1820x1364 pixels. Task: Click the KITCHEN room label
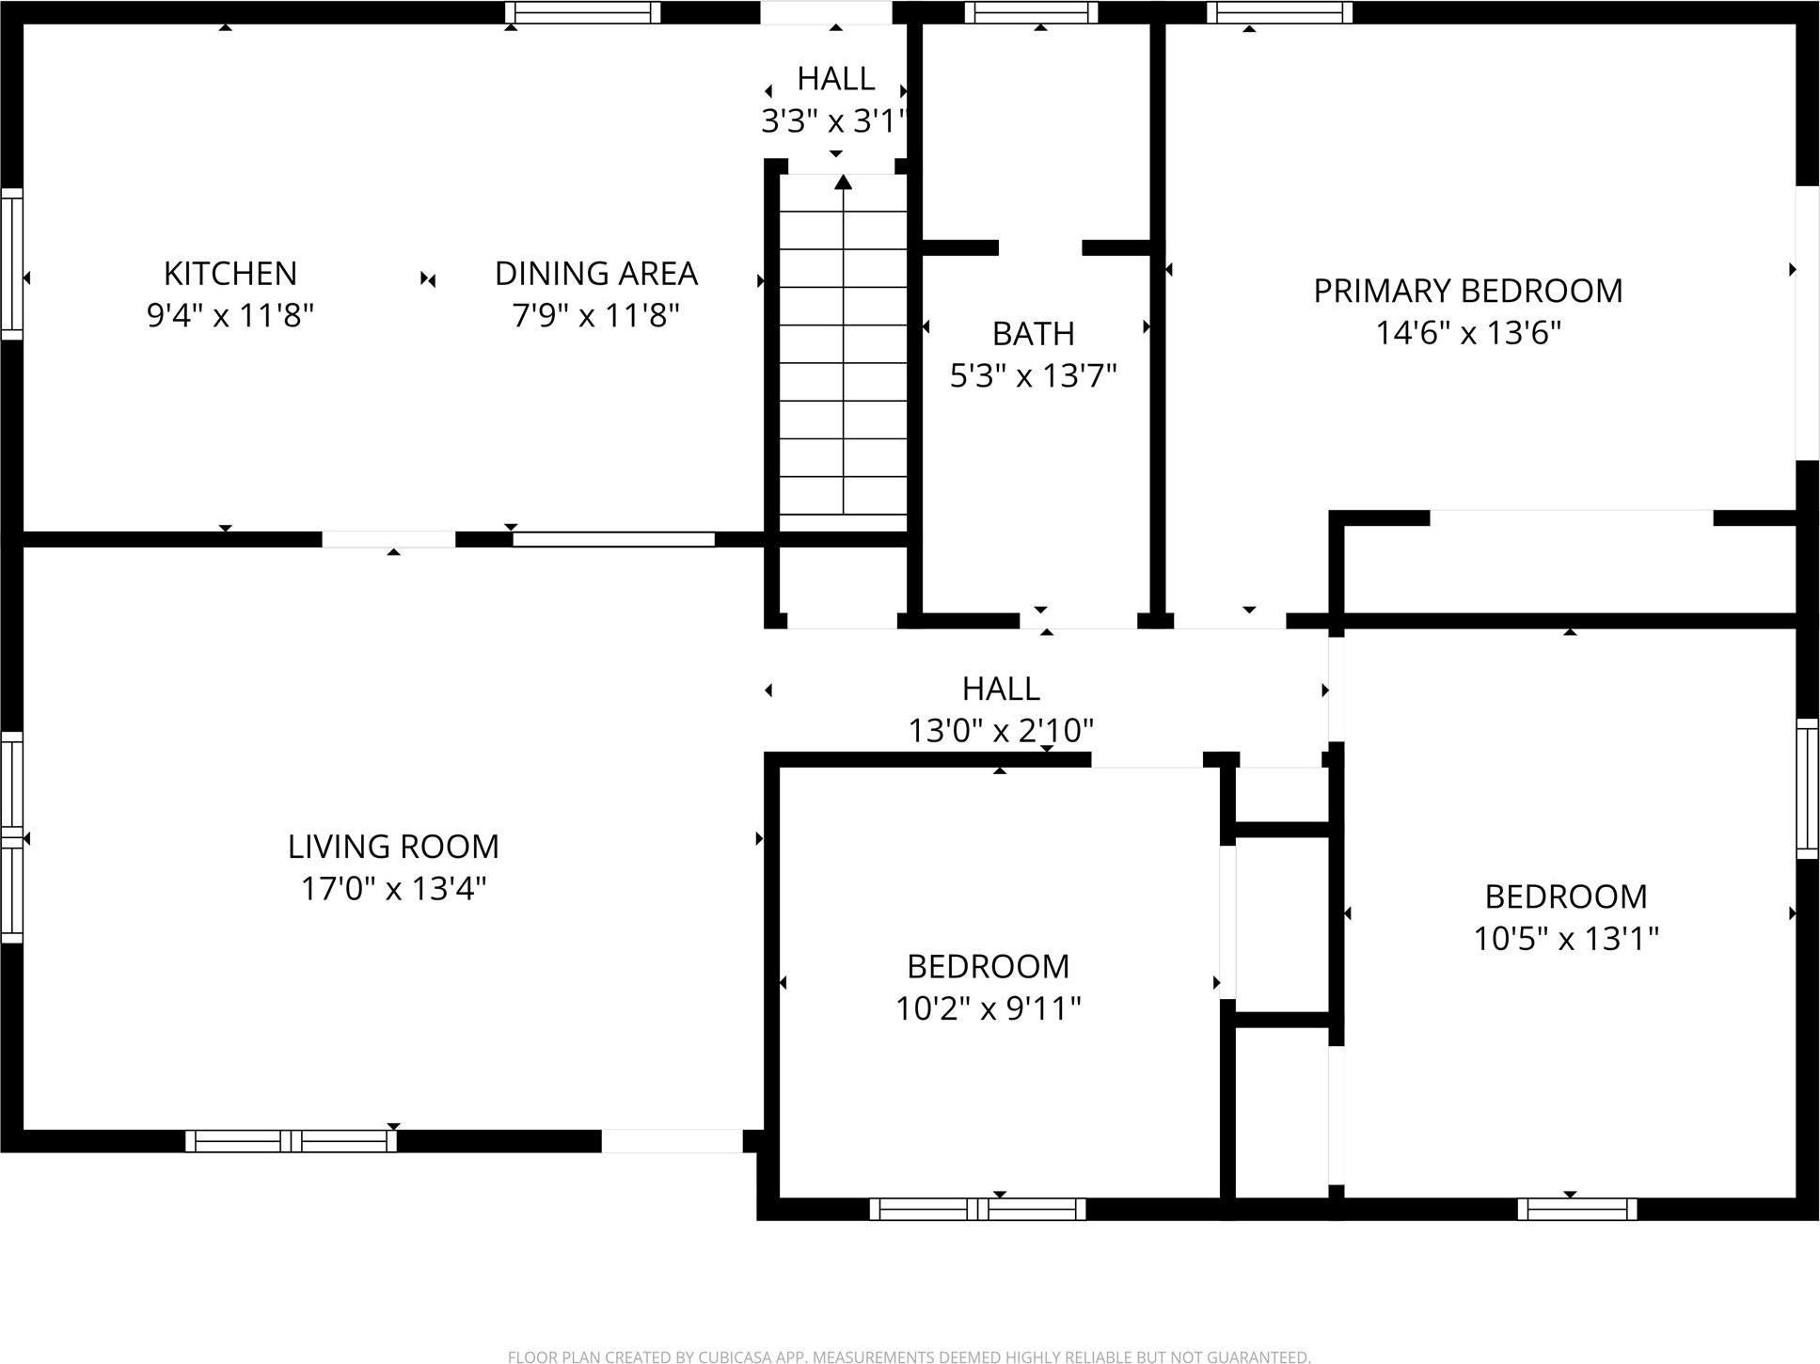pos(230,274)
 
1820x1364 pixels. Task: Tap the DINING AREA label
pos(595,274)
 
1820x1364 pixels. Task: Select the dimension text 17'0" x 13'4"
pos(393,888)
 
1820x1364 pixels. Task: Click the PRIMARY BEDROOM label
pos(1467,291)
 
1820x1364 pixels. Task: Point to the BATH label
pos(1033,334)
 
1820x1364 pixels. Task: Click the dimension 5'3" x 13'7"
pos(1033,376)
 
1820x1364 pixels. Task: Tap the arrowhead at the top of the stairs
pos(843,182)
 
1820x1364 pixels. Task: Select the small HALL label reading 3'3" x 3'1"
pos(835,79)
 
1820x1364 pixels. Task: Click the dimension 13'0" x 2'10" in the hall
pos(1001,730)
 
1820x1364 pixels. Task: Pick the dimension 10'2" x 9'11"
pos(988,1008)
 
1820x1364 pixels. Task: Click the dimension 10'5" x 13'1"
pos(1565,938)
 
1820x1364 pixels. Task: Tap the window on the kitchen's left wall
pos(11,263)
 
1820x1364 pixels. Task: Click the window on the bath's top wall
pos(1031,12)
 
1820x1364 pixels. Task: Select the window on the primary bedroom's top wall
pos(1279,12)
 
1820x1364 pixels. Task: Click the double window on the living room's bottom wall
pos(291,1141)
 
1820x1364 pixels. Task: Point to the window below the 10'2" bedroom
pos(977,1209)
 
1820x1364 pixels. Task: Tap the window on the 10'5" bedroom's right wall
pos(1807,788)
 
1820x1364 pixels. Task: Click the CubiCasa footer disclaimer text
pos(909,1356)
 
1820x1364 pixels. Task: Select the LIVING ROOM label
pos(393,847)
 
